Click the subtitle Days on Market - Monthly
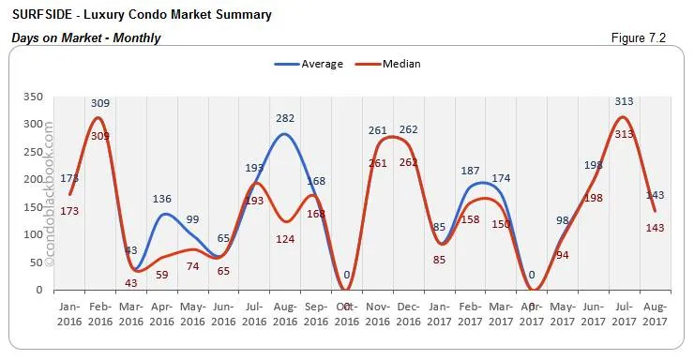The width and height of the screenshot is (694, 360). pos(85,37)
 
